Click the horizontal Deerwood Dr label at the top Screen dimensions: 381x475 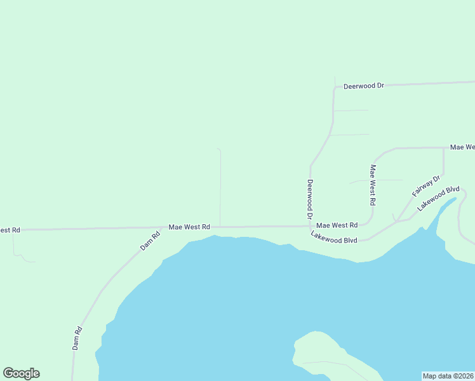(364, 85)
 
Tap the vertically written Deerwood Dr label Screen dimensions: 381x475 (310, 199)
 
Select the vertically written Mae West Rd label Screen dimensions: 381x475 (373, 185)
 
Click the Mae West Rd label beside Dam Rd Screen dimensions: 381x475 (189, 227)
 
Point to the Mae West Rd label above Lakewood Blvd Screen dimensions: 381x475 (337, 225)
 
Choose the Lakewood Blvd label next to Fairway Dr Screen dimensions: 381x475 (438, 198)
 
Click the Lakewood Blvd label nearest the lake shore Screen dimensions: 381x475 (334, 237)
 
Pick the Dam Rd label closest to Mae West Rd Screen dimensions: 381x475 (151, 241)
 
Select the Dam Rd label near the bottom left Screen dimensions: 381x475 (77, 338)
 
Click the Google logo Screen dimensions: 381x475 (21, 373)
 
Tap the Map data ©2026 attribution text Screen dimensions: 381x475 (448, 376)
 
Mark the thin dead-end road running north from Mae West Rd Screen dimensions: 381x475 (220, 187)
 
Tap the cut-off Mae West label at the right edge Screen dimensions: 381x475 (462, 147)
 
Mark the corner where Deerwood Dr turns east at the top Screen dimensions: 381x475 (334, 87)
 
